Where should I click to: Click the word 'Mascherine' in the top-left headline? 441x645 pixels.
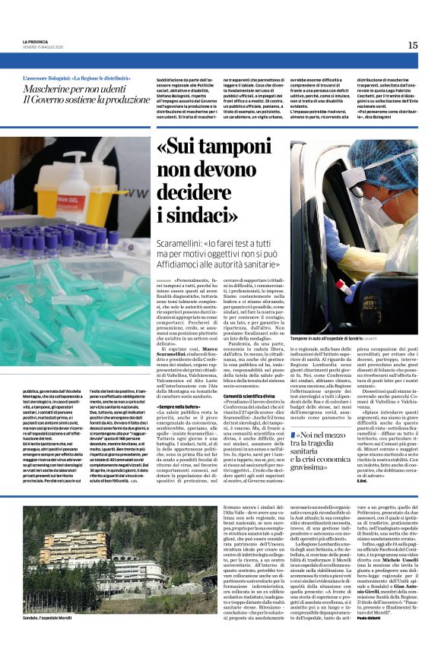tap(51, 90)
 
